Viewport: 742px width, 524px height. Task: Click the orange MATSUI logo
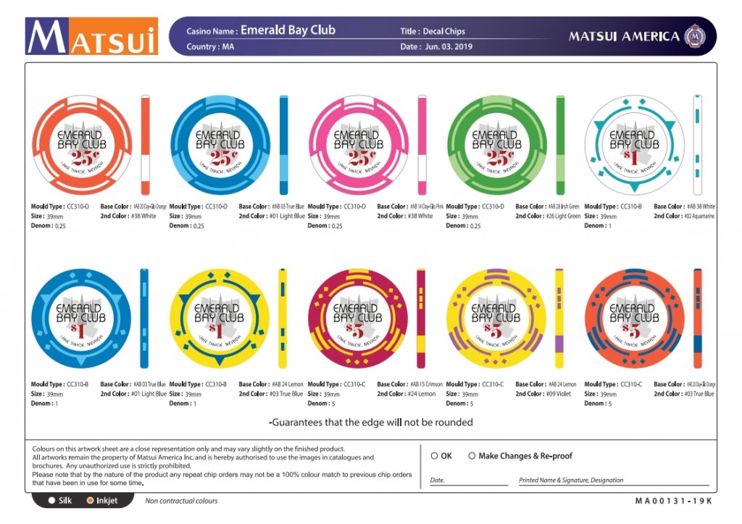91,36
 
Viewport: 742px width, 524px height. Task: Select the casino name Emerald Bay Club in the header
288,30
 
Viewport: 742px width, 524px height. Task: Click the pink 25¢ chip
359,146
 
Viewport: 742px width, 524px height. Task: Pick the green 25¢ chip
496,146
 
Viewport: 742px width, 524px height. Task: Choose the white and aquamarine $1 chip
635,146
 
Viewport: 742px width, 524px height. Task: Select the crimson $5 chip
359,319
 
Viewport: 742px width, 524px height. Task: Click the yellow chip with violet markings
496,319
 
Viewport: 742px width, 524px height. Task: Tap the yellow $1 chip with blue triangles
220,319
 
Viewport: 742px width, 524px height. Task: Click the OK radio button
434,456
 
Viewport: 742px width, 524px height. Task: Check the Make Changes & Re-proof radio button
472,456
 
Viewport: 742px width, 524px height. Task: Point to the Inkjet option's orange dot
91,500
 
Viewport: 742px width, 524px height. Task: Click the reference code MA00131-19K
674,501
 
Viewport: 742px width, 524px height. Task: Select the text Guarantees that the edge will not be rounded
371,422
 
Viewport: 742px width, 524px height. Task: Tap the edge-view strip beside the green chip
560,146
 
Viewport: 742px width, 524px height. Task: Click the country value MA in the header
228,46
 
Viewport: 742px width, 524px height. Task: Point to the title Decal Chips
443,31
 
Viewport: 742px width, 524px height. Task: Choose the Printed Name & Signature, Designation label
571,480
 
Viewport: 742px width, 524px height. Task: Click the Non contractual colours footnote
181,501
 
